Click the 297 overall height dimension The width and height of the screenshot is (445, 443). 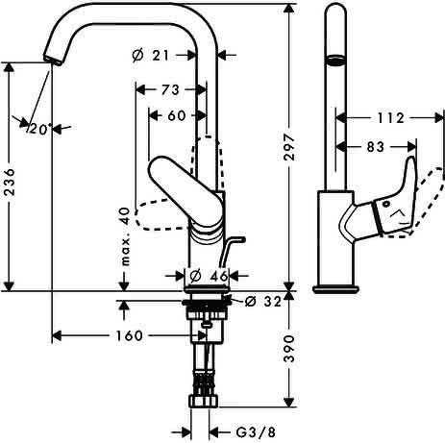tap(289, 148)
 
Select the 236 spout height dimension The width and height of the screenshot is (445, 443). tap(11, 182)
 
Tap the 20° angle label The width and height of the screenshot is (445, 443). tap(40, 130)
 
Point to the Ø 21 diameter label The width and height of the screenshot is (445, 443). tap(151, 56)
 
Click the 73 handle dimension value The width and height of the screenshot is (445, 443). tap(170, 90)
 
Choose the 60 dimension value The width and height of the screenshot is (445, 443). tap(177, 115)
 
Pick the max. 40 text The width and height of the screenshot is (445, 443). tap(125, 236)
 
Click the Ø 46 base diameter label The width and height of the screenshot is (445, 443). tap(209, 276)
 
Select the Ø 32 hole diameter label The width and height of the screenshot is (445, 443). tap(263, 302)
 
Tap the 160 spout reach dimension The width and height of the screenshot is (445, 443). tap(129, 335)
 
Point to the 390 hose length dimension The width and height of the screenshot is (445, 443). tap(289, 349)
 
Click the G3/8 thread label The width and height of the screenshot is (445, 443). tap(256, 432)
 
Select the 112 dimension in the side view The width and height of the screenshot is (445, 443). tap(391, 118)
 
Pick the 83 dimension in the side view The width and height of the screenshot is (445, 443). tap(375, 147)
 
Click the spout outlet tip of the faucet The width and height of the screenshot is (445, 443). tap(52, 61)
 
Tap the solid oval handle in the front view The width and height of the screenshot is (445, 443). tap(185, 191)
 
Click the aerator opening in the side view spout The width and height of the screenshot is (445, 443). tap(335, 61)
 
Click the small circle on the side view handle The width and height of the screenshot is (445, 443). tap(386, 204)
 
